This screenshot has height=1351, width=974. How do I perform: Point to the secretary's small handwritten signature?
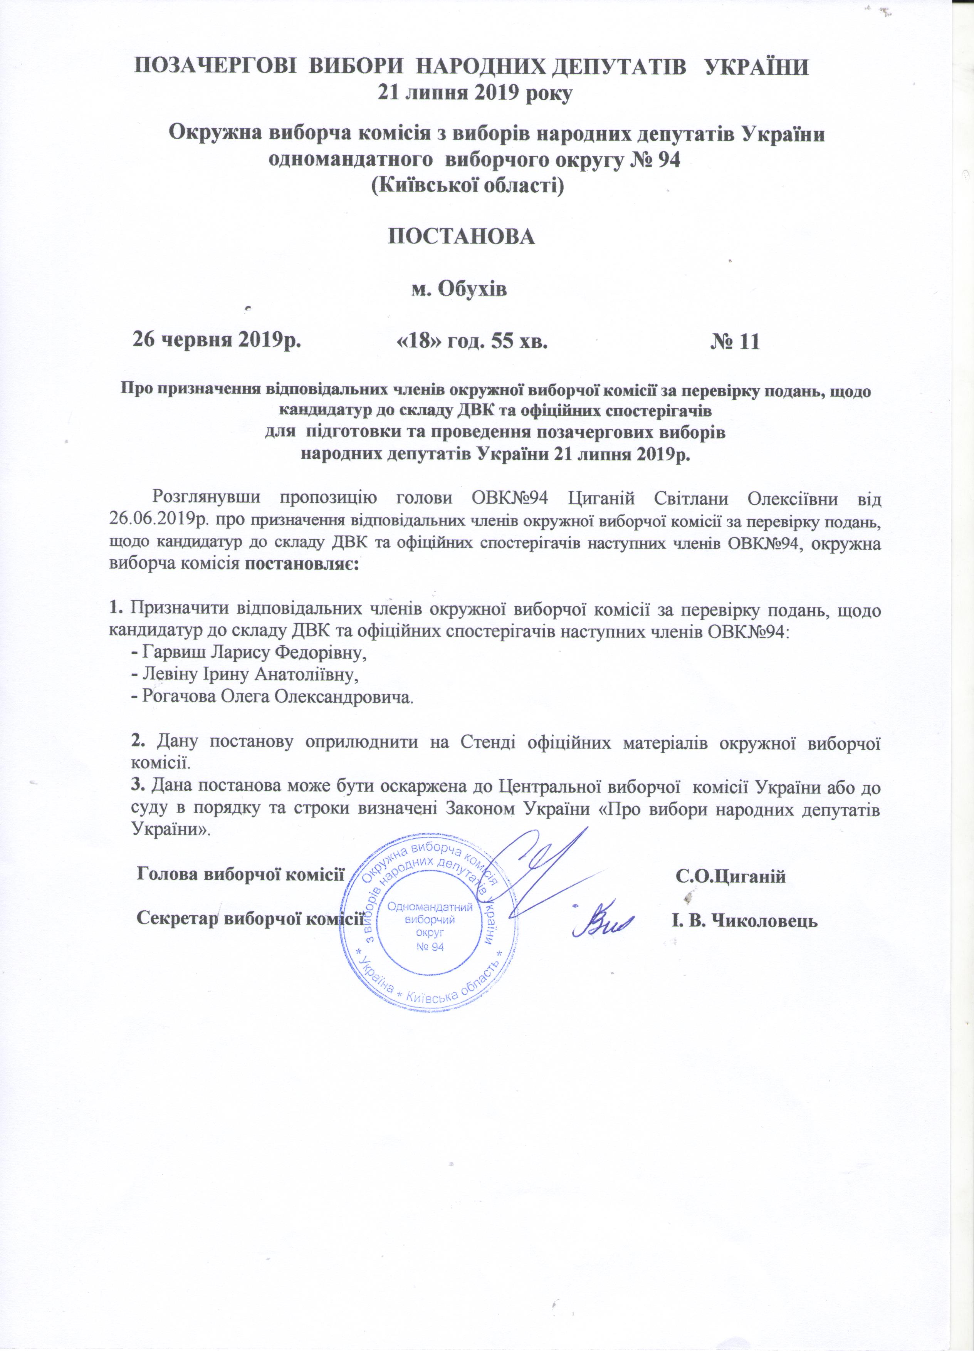tap(602, 923)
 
